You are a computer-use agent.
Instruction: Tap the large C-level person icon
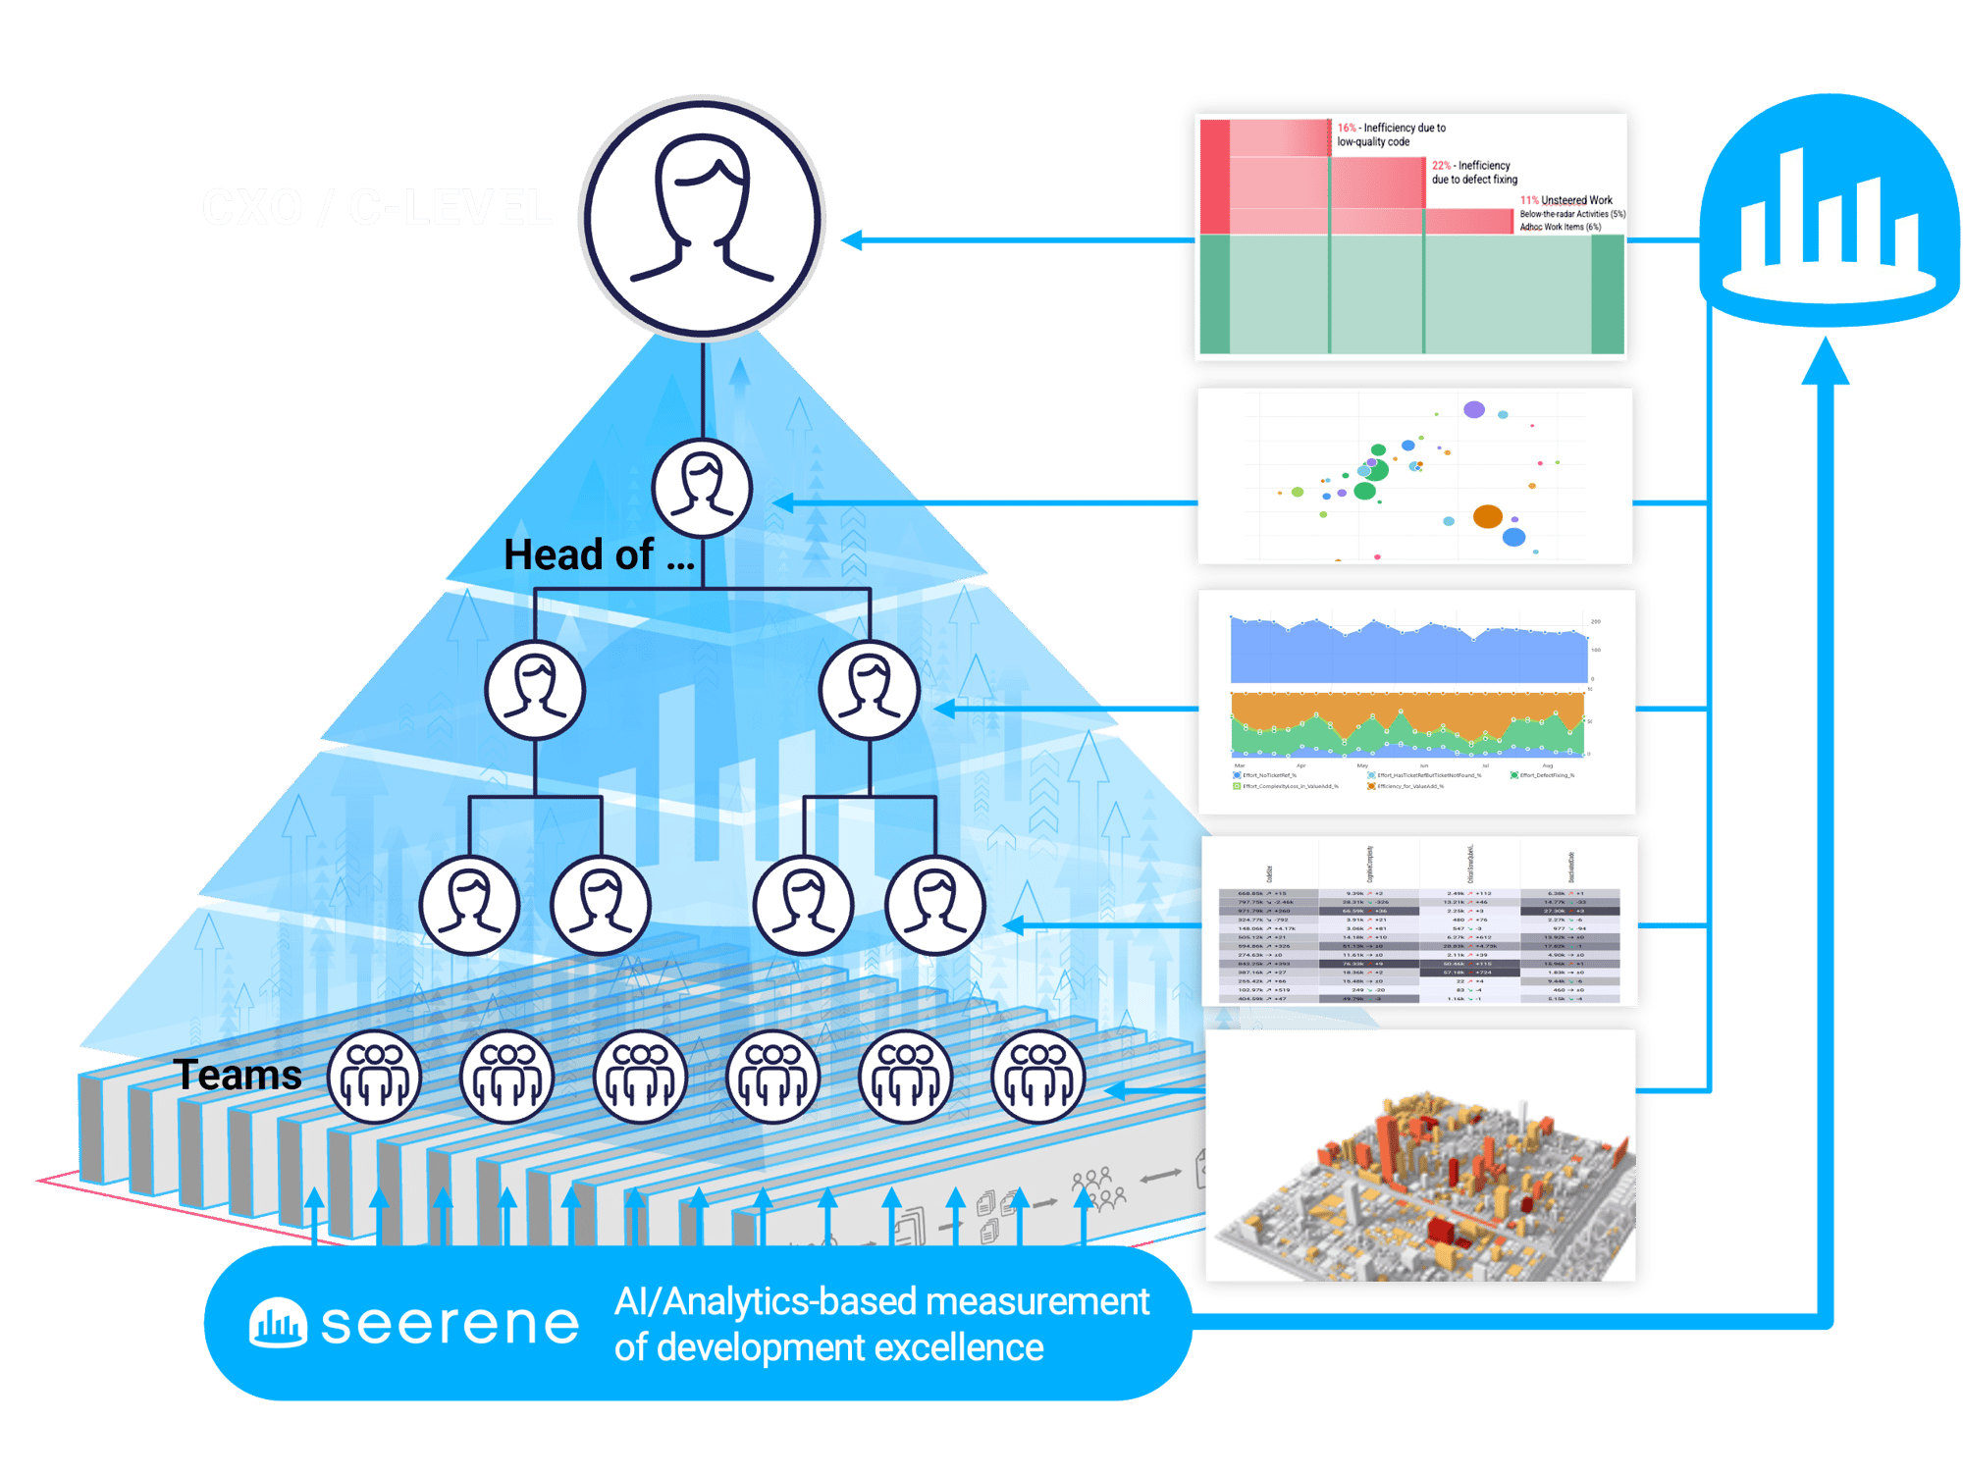(x=702, y=218)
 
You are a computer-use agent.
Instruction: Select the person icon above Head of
(x=702, y=488)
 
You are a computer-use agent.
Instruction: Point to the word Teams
(x=238, y=1076)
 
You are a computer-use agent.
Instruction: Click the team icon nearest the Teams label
(x=374, y=1077)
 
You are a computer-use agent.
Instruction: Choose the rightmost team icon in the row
(x=1038, y=1077)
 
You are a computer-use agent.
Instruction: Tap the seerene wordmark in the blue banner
(x=450, y=1325)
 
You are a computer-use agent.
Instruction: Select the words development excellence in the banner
(x=850, y=1348)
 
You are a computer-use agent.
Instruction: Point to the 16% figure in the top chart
(x=1347, y=128)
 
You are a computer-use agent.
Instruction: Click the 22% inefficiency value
(x=1441, y=166)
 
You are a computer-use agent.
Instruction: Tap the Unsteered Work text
(x=1576, y=200)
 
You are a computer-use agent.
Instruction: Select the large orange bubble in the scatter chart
(x=1488, y=516)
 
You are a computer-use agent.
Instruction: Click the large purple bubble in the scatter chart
(x=1474, y=409)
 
